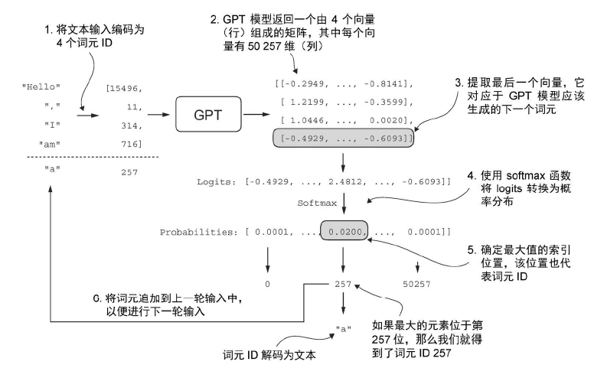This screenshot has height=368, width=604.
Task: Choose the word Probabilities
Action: coord(198,231)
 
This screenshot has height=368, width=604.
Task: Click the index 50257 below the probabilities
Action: coord(417,282)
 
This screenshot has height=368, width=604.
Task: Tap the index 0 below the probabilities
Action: coord(267,282)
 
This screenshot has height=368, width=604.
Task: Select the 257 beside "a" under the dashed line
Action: coord(129,172)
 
